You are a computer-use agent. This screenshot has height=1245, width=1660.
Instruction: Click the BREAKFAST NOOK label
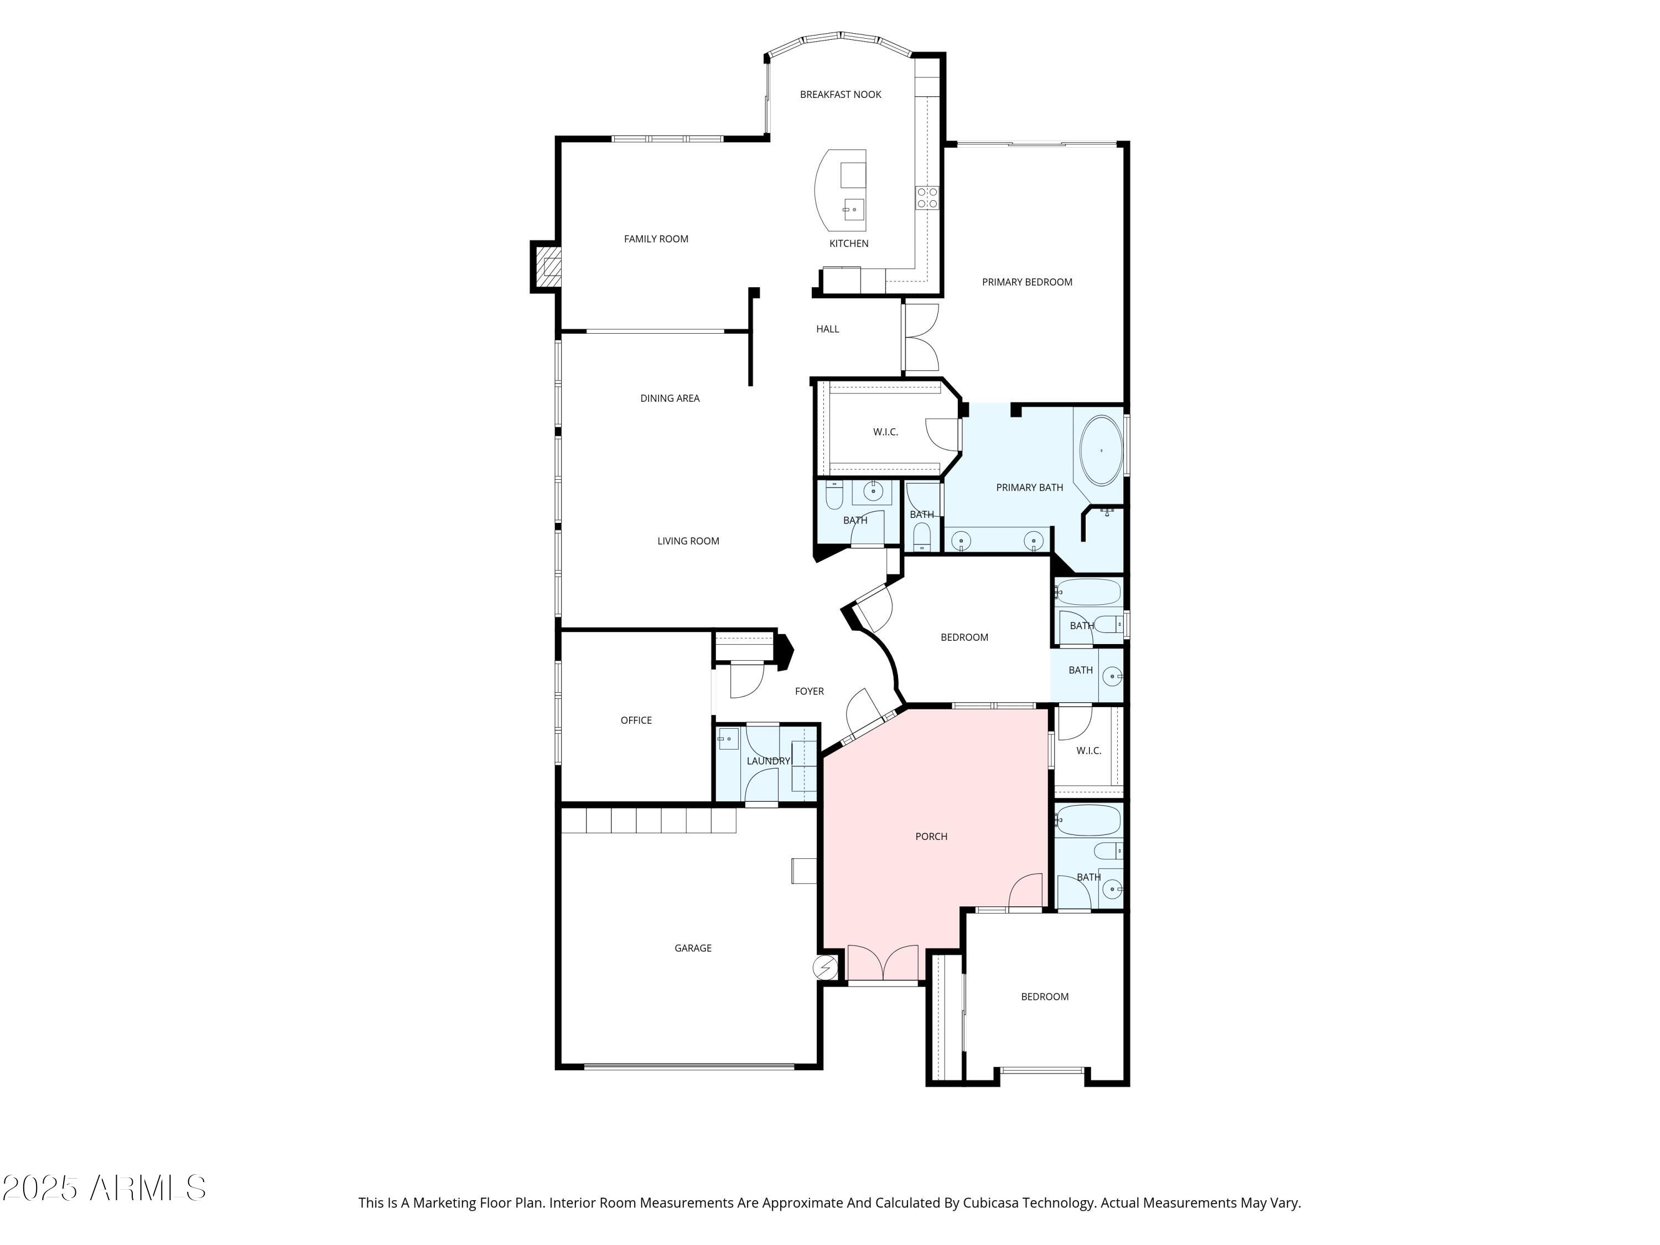pyautogui.click(x=840, y=95)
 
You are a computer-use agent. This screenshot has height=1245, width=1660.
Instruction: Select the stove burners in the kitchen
pyautogui.click(x=927, y=198)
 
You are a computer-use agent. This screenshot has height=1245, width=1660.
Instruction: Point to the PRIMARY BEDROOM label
pyautogui.click(x=1026, y=282)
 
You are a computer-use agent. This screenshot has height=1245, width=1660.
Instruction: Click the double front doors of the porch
pyautogui.click(x=883, y=963)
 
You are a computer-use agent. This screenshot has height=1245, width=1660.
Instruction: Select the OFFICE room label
pyautogui.click(x=636, y=720)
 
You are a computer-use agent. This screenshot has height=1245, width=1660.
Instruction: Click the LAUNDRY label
pyautogui.click(x=767, y=761)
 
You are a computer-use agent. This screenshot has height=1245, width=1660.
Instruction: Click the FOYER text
pyautogui.click(x=809, y=691)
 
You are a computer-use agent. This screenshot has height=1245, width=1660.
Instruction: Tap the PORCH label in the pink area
pyautogui.click(x=931, y=836)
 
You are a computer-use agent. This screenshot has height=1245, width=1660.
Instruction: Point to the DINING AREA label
pyautogui.click(x=670, y=398)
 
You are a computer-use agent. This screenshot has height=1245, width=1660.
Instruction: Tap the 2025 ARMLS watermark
pyautogui.click(x=103, y=1188)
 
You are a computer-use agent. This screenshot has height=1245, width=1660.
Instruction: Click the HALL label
pyautogui.click(x=827, y=329)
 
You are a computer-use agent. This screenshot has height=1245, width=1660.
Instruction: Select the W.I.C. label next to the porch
pyautogui.click(x=1088, y=750)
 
